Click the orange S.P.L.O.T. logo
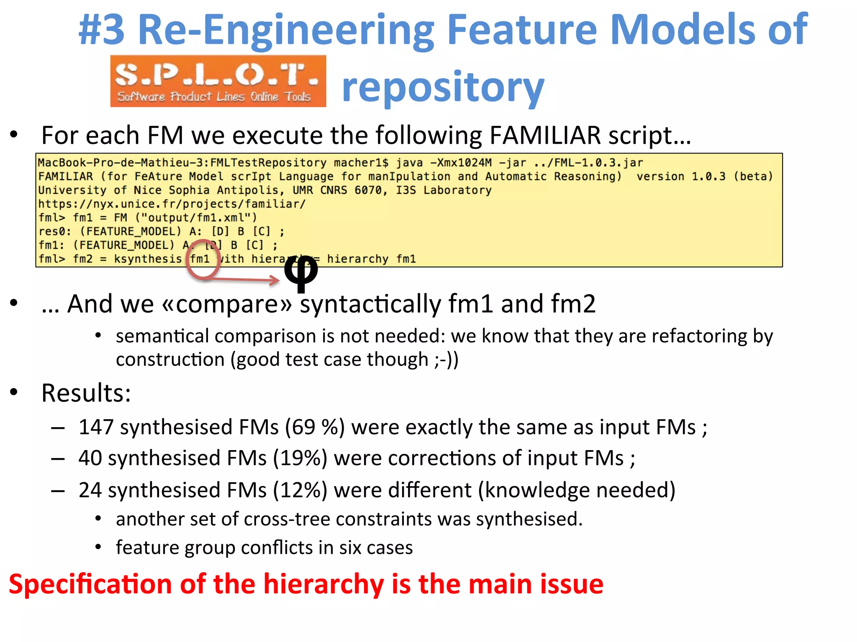pyautogui.click(x=218, y=81)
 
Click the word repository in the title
pyautogui.click(x=443, y=88)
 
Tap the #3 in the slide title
pyautogui.click(x=102, y=30)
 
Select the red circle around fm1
pyautogui.click(x=203, y=260)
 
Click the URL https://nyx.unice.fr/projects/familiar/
pyautogui.click(x=172, y=204)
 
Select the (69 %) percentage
pyautogui.click(x=315, y=427)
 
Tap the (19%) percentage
pyautogui.click(x=300, y=458)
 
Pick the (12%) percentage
pyautogui.click(x=300, y=490)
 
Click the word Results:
pyautogui.click(x=86, y=393)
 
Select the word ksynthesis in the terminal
pyautogui.click(x=148, y=259)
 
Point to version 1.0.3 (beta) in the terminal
pyautogui.click(x=705, y=176)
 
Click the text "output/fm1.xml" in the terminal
pyautogui.click(x=196, y=218)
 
